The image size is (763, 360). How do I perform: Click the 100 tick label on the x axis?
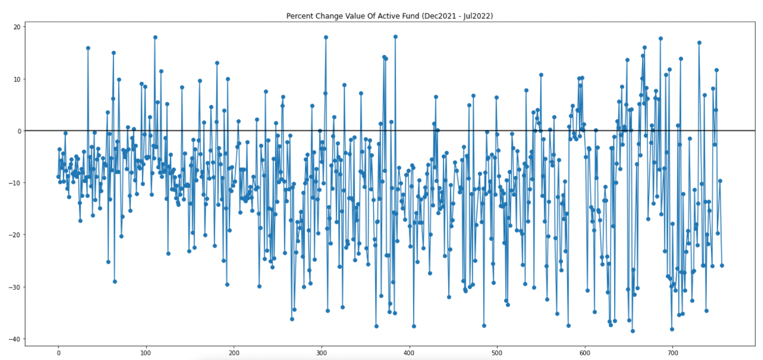[x=146, y=353]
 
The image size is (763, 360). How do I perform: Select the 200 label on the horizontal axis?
[x=234, y=353]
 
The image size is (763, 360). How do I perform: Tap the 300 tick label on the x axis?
[x=322, y=353]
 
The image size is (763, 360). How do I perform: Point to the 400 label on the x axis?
[x=410, y=353]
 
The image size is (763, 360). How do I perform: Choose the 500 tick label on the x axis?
[x=498, y=353]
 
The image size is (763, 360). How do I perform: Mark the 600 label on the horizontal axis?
[x=585, y=353]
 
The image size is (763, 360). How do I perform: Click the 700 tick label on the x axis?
[x=673, y=353]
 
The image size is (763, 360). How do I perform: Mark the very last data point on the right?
[x=722, y=265]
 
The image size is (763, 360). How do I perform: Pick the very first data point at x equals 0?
[x=58, y=176]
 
